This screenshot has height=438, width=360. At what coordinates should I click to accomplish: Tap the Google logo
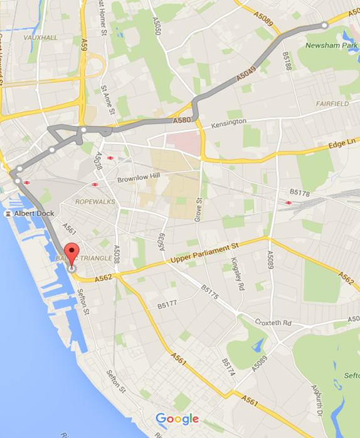coord(177,419)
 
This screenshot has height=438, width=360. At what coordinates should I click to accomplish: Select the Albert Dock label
coord(34,214)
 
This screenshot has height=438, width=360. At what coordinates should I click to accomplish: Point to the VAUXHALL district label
coord(40,38)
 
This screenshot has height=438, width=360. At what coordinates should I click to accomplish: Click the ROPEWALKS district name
coord(93,202)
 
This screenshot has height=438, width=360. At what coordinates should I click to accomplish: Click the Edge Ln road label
coord(342,143)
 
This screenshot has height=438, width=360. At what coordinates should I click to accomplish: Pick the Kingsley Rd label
coord(237,274)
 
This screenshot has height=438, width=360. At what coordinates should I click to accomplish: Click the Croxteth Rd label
coord(273,323)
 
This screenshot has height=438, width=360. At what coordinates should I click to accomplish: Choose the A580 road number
coord(181,119)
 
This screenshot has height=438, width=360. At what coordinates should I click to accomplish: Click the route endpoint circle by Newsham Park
coord(324,25)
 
